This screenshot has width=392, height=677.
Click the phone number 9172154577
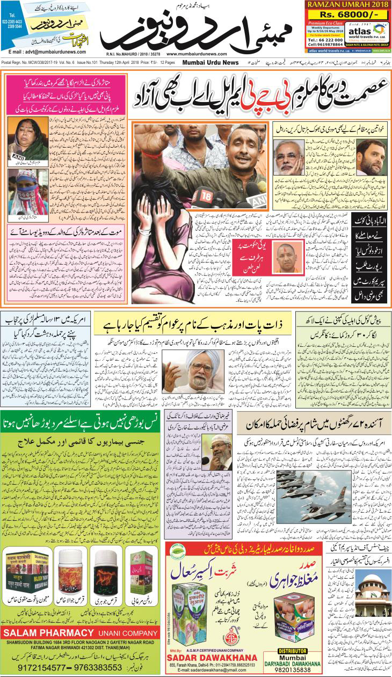pyautogui.click(x=34, y=667)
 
